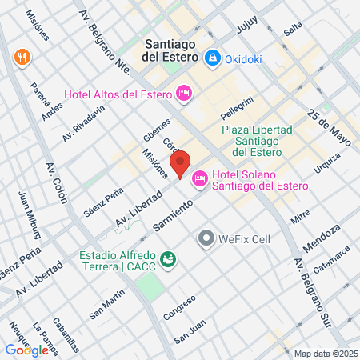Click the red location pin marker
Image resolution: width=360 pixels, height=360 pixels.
pyautogui.click(x=181, y=164)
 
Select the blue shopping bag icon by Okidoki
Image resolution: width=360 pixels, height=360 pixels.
pyautogui.click(x=213, y=58)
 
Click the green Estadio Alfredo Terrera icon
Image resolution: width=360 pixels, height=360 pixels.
pyautogui.click(x=168, y=259)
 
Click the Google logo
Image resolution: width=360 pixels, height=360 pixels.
pyautogui.click(x=26, y=350)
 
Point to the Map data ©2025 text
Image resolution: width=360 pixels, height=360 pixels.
pyautogui.click(x=324, y=354)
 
